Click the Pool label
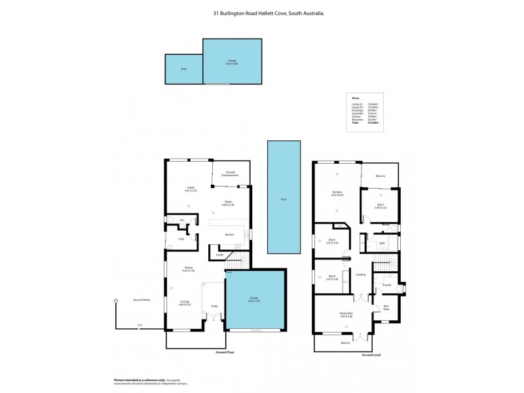tap(283, 198)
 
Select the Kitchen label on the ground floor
tap(230, 234)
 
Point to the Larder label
tap(220, 254)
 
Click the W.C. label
tap(182, 220)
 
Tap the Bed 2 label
tap(381, 205)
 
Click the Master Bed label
tap(337, 315)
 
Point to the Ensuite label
tap(386, 284)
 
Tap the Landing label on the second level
tap(361, 274)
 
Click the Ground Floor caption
tap(225, 352)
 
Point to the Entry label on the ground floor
tap(214, 305)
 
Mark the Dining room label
tap(189, 268)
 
